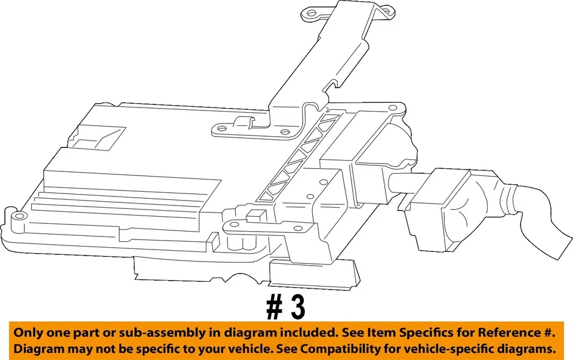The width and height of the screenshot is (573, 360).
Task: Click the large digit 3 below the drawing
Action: [x=296, y=307]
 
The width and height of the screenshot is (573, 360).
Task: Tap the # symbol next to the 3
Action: [x=274, y=307]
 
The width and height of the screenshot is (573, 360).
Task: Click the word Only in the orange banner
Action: [x=29, y=333]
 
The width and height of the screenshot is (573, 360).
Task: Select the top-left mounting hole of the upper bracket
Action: [x=309, y=12]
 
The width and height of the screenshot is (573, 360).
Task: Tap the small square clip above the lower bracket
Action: [x=258, y=216]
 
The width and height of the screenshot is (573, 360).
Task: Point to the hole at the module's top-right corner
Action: [x=393, y=108]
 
